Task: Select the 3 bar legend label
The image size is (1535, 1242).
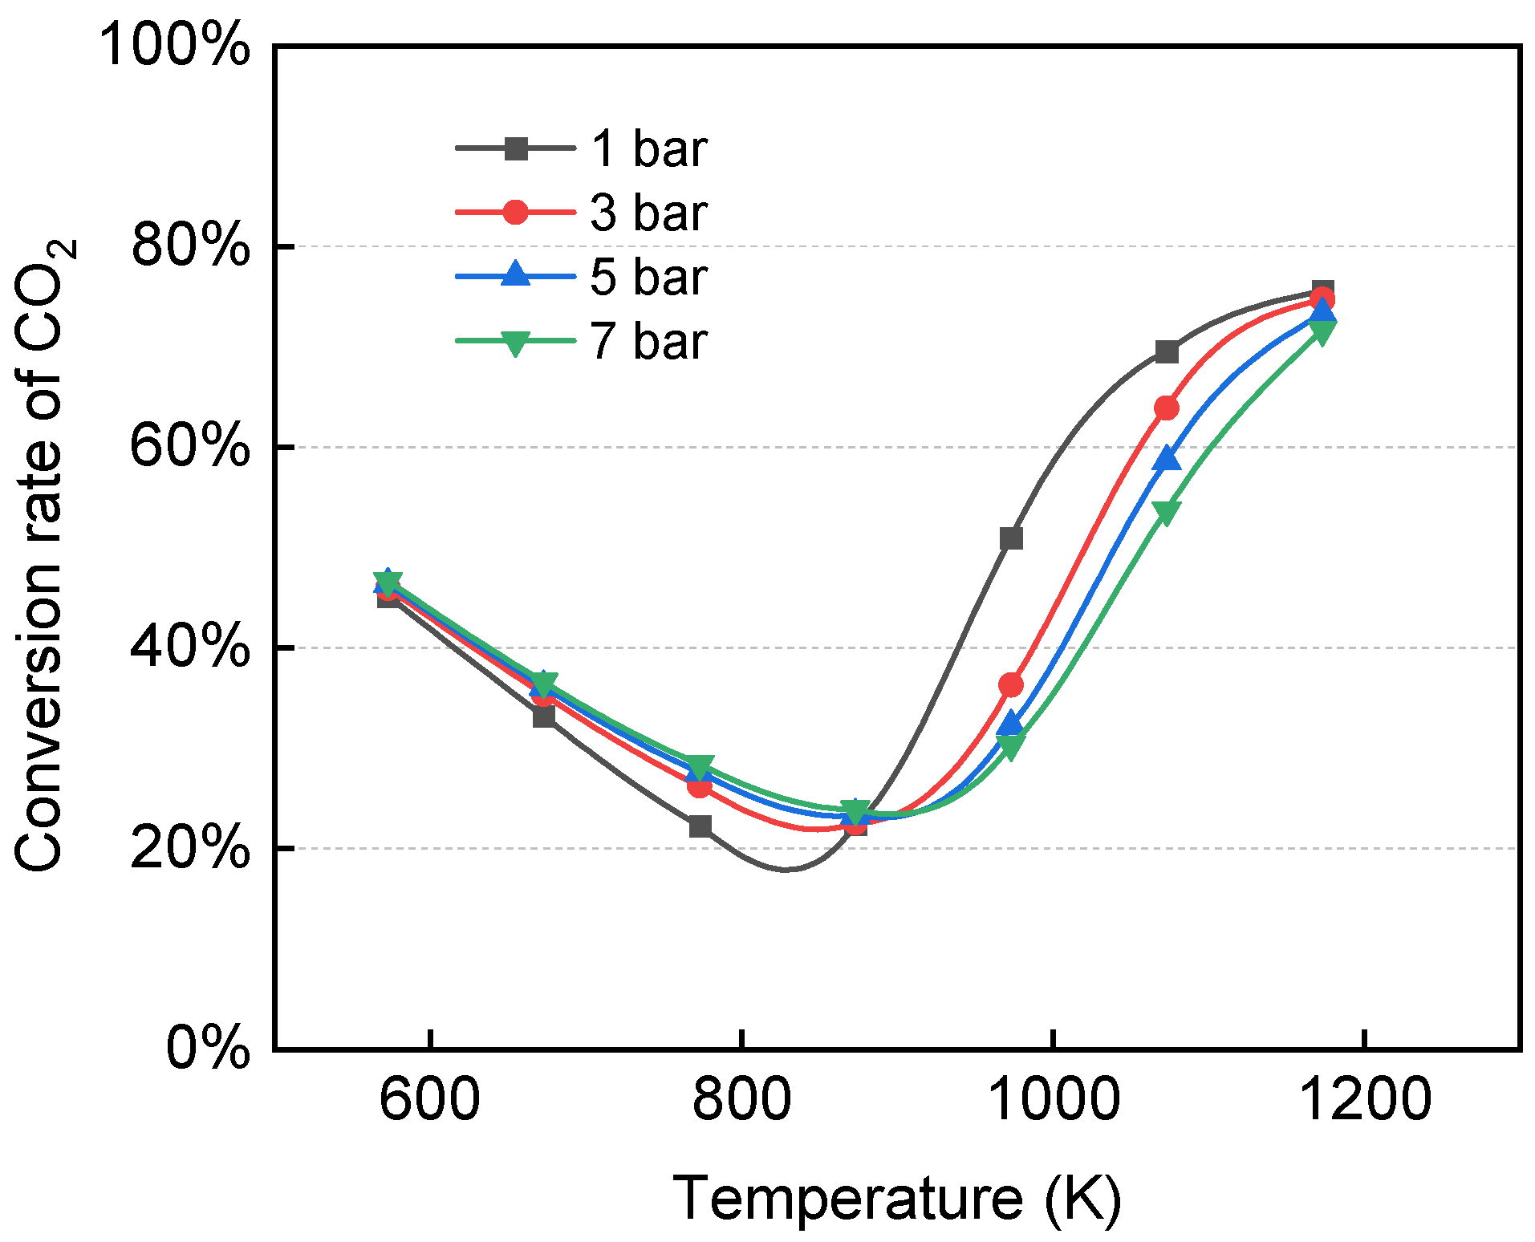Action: (x=649, y=213)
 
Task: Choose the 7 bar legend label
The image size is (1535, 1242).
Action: (x=649, y=341)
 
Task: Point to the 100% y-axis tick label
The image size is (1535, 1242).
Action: (x=174, y=45)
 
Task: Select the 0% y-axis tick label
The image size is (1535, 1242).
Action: (x=208, y=1047)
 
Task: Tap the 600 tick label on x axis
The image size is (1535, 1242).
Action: (x=429, y=1099)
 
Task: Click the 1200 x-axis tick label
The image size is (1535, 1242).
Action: (x=1364, y=1099)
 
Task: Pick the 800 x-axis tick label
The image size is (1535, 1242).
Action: (x=741, y=1099)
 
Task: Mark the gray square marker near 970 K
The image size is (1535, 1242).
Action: (x=1011, y=538)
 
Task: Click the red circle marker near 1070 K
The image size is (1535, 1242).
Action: (x=1167, y=408)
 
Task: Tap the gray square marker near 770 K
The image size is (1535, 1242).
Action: (x=700, y=826)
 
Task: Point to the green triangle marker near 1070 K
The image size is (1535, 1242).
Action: (x=1166, y=512)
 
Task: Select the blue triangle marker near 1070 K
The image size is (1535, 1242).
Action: (x=1167, y=458)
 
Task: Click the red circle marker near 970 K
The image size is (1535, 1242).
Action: (x=1011, y=684)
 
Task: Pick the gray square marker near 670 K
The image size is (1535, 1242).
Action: (x=544, y=716)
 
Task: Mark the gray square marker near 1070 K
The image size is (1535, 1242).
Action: (x=1167, y=351)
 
